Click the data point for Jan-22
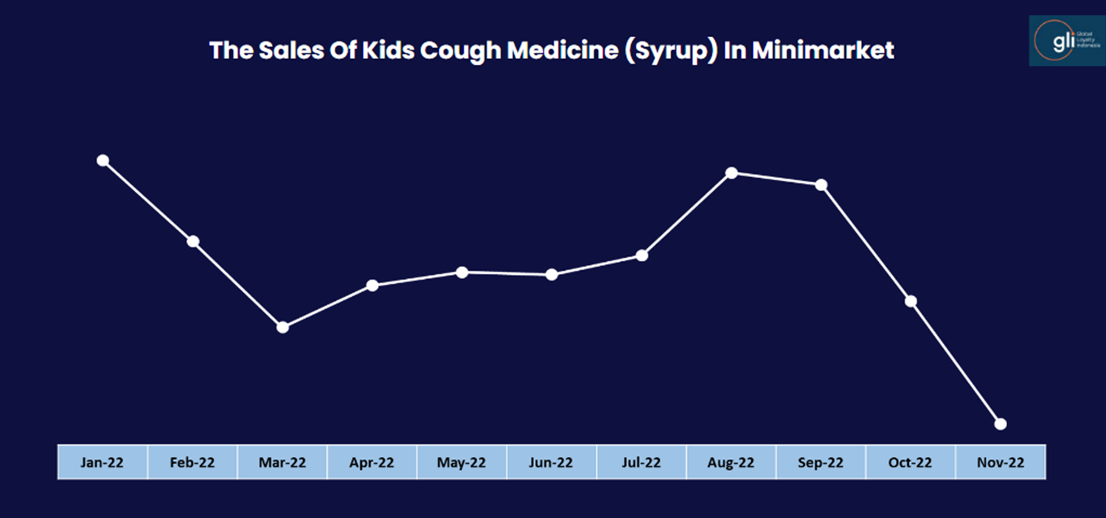[x=103, y=161]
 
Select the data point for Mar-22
[x=282, y=327]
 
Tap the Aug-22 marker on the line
[x=731, y=173]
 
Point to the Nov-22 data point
[x=1001, y=424]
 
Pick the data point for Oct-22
[x=911, y=301]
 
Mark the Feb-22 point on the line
[x=193, y=241]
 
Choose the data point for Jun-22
[x=552, y=274]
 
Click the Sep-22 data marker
[x=821, y=184]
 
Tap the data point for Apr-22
[x=372, y=285]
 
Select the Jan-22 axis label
[x=103, y=463]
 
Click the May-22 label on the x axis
[x=462, y=463]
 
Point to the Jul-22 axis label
[x=641, y=463]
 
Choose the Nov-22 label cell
[x=1001, y=463]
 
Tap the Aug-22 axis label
[x=731, y=463]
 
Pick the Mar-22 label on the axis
[x=282, y=463]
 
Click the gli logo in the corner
[x=1066, y=40]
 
